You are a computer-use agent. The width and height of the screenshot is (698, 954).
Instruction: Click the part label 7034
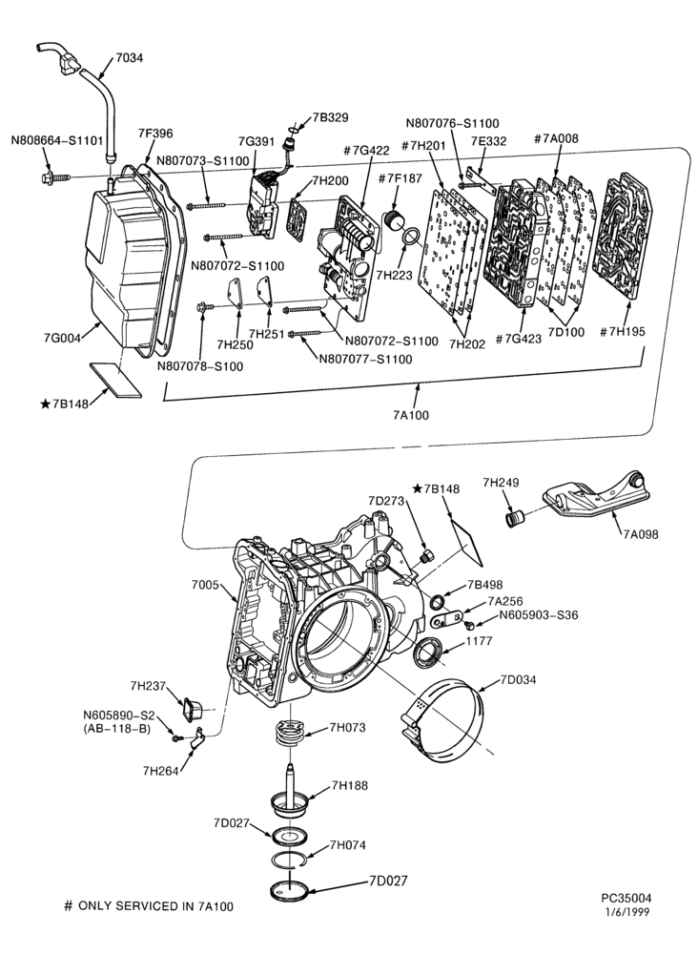click(130, 58)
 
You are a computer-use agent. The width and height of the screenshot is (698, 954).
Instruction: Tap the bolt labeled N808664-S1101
click(55, 178)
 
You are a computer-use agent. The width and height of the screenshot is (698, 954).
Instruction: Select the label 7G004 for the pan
click(62, 339)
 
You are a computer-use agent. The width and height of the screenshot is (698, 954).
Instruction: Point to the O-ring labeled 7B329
click(293, 130)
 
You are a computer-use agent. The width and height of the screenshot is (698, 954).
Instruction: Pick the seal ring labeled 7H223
click(412, 236)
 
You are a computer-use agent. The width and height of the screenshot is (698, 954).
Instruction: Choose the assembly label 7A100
click(411, 416)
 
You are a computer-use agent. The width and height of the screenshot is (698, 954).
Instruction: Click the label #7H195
click(623, 332)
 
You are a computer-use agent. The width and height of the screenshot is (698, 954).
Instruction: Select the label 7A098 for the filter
click(641, 534)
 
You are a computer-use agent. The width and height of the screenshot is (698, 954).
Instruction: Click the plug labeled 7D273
click(427, 555)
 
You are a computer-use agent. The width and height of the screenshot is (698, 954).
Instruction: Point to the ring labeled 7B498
click(438, 602)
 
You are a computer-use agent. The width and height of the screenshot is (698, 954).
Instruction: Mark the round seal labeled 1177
click(427, 652)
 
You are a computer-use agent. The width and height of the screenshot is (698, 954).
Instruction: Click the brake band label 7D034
click(518, 679)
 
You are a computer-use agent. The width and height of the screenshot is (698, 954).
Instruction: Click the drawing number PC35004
click(626, 898)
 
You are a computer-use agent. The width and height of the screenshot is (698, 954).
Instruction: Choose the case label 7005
click(205, 586)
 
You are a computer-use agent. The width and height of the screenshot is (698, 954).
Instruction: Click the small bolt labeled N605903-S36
click(469, 625)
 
